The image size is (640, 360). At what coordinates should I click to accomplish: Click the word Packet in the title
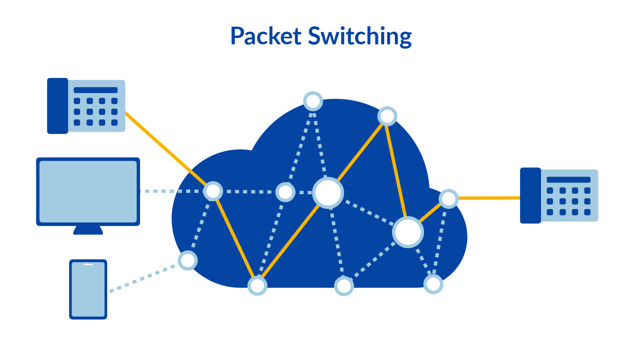click(266, 36)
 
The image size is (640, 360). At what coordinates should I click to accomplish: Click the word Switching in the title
click(360, 37)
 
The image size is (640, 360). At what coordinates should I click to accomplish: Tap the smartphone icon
click(88, 289)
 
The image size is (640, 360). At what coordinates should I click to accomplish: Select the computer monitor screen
click(88, 192)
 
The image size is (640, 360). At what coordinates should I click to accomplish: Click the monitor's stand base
click(88, 231)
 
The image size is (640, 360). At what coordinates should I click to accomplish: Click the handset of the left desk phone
click(58, 106)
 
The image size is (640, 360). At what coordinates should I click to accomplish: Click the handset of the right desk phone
click(530, 195)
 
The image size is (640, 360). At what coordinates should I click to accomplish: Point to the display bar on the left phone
click(96, 90)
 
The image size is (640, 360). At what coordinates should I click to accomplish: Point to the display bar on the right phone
click(568, 180)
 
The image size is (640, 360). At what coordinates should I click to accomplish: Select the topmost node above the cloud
click(313, 101)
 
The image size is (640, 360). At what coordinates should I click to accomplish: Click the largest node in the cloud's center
click(328, 193)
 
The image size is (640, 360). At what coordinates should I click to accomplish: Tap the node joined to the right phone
click(449, 199)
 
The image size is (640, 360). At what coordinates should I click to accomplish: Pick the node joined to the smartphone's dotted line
click(188, 260)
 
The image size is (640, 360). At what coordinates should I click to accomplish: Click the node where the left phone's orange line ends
click(213, 191)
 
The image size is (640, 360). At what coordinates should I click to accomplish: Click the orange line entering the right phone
click(488, 198)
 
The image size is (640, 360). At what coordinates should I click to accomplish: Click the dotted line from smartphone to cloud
click(143, 278)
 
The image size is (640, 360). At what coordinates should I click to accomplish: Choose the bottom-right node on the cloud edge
click(433, 284)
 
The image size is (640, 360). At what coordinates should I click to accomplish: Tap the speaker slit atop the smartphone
click(88, 264)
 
